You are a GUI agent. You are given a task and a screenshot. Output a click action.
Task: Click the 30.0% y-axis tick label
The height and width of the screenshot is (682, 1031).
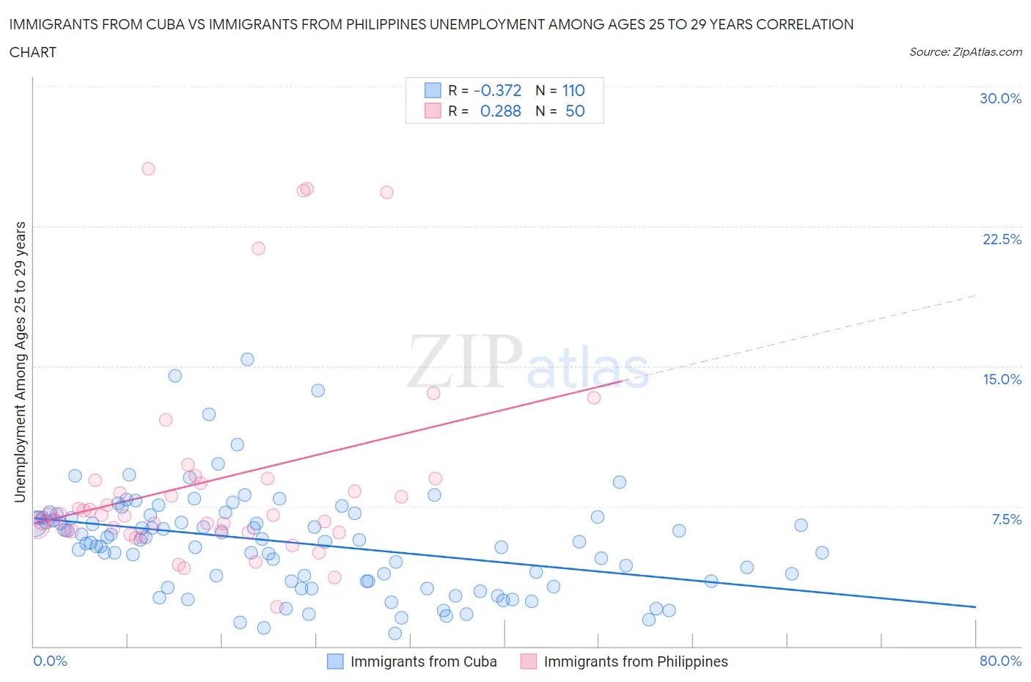(x=1000, y=98)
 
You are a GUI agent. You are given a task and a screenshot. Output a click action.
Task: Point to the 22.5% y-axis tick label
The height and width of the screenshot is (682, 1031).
(x=1002, y=239)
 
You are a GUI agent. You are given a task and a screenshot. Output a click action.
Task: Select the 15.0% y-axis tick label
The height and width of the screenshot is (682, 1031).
(x=1002, y=379)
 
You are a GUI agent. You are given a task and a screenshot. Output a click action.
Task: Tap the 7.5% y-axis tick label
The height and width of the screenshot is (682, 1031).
(x=1006, y=519)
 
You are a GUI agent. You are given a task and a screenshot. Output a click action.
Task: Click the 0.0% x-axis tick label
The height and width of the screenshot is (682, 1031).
(x=50, y=661)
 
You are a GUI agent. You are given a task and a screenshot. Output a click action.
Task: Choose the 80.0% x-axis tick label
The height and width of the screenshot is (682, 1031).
(x=1000, y=661)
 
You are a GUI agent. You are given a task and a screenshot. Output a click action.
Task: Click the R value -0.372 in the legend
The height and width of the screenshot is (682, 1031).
(x=497, y=90)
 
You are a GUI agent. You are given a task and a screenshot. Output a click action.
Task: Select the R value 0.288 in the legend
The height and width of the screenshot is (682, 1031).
(x=500, y=111)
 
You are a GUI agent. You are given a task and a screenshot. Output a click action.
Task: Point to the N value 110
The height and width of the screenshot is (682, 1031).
(x=573, y=90)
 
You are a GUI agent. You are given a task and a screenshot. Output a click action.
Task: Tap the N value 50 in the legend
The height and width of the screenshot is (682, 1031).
(x=575, y=111)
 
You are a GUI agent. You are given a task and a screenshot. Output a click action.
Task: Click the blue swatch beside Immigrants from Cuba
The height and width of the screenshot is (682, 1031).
(x=335, y=661)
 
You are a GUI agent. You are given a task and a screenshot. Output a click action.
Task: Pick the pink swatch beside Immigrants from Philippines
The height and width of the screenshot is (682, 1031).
(x=529, y=661)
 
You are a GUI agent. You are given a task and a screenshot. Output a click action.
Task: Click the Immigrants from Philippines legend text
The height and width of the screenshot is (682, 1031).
(x=636, y=661)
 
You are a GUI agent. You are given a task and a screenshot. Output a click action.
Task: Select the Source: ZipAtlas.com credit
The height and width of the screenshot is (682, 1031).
(x=965, y=51)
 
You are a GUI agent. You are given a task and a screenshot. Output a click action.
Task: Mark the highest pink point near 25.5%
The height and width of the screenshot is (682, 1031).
(x=148, y=169)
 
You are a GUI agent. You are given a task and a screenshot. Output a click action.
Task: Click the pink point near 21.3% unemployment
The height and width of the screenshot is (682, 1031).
(x=258, y=249)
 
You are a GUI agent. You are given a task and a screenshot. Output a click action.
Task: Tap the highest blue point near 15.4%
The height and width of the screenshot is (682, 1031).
(x=247, y=359)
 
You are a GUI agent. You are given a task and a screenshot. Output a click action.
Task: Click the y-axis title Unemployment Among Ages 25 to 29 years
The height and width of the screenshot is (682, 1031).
(x=20, y=362)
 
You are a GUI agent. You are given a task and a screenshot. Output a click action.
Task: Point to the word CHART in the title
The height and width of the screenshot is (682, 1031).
(x=33, y=52)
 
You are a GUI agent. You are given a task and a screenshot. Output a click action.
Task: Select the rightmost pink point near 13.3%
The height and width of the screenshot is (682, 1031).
(x=594, y=397)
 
